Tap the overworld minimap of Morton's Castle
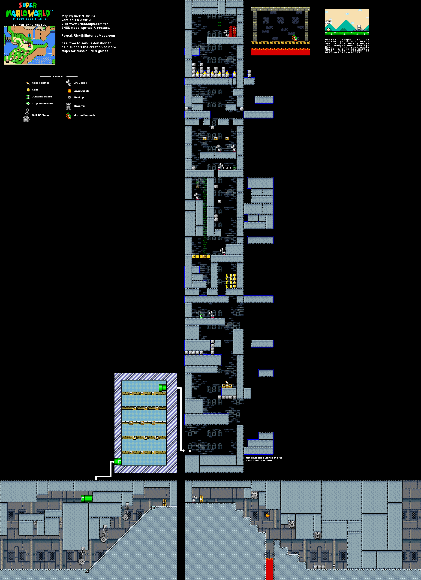(29, 45)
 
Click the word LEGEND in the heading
(59, 77)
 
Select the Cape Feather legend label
(40, 83)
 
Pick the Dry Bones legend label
(80, 83)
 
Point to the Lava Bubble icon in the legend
(69, 91)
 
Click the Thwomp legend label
(79, 106)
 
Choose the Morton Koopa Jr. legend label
(84, 115)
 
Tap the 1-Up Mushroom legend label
(42, 104)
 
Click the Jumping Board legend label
(42, 97)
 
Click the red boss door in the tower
(233, 32)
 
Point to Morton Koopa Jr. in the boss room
(295, 38)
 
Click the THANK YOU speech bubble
(328, 22)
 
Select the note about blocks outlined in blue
(264, 459)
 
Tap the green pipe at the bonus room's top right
(162, 388)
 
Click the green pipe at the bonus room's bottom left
(118, 462)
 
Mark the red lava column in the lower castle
(269, 569)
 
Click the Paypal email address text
(88, 36)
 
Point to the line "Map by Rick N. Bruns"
(78, 16)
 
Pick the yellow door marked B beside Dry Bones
(201, 499)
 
